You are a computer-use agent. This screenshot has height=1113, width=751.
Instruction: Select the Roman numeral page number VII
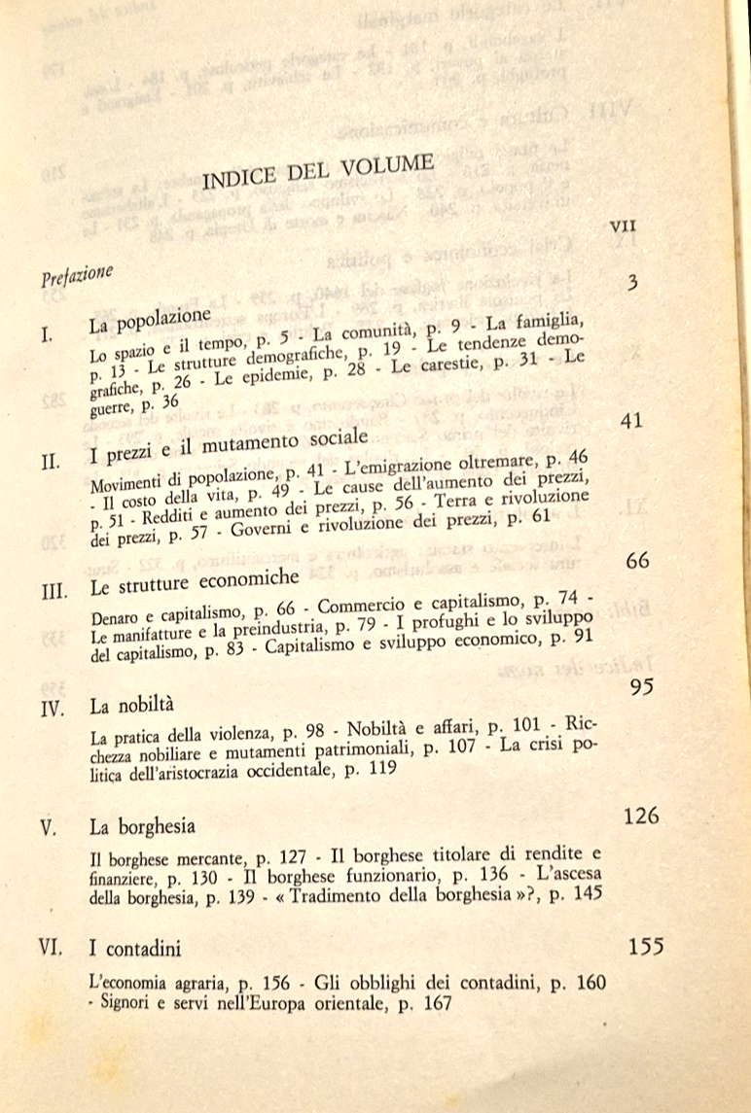coord(623,225)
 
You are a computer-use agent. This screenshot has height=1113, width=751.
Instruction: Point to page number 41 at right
coord(633,422)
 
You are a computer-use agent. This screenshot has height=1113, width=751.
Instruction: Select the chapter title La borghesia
coord(142,827)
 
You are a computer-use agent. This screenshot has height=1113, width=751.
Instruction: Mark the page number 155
coord(646,946)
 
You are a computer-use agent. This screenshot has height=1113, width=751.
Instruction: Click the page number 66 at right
coord(638,562)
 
